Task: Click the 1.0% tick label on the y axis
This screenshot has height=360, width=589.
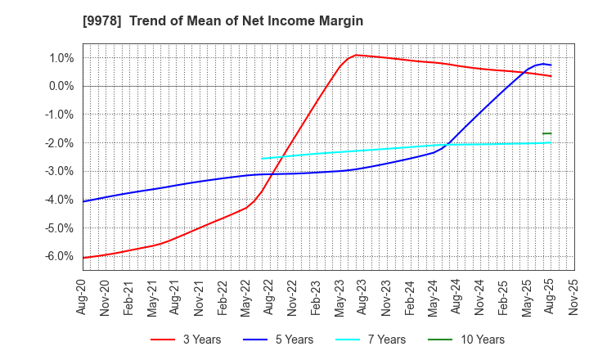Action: coord(61,58)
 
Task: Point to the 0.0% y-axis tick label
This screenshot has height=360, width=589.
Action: coord(61,86)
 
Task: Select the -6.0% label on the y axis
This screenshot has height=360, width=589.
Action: coord(59,256)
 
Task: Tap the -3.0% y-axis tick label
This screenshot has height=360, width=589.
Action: coord(59,171)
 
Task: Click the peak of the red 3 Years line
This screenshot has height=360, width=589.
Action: coord(356,55)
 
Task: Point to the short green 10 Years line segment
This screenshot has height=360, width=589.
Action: coord(546,133)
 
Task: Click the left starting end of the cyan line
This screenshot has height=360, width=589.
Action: coord(263,159)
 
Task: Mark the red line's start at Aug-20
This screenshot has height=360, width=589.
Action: coord(83,258)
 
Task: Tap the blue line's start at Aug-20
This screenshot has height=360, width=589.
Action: coord(83,201)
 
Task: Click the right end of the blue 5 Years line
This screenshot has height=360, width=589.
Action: coord(551,65)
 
